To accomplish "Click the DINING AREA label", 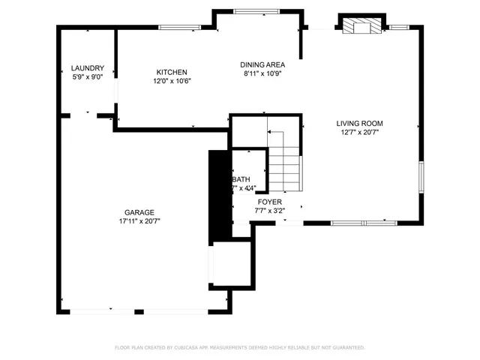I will pyautogui.click(x=262, y=65).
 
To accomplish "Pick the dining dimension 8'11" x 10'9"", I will pyautogui.click(x=262, y=74).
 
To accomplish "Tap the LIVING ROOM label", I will pyautogui.click(x=359, y=124).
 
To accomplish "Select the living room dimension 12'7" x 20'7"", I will pyautogui.click(x=359, y=133).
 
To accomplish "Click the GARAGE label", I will pyautogui.click(x=139, y=212).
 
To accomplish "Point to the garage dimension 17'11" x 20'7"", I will pyautogui.click(x=139, y=221).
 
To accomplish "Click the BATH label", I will pyautogui.click(x=241, y=179).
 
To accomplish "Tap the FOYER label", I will pyautogui.click(x=269, y=202).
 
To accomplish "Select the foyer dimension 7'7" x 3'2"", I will pyautogui.click(x=269, y=211).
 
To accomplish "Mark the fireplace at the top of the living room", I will pyautogui.click(x=361, y=26).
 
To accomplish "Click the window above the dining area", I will pyautogui.click(x=254, y=11).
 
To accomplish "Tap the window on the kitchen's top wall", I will pyautogui.click(x=179, y=28).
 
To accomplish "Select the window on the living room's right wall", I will pyautogui.click(x=421, y=180).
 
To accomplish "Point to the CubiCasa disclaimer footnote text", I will pyautogui.click(x=239, y=347).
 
